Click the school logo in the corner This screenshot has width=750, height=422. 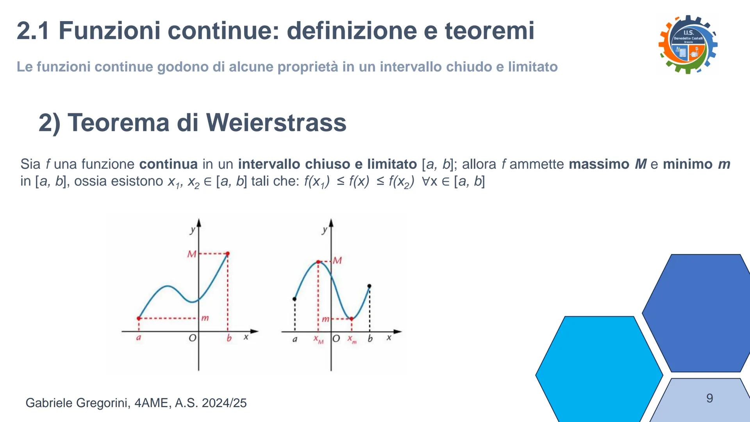[688, 44]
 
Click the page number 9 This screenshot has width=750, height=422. [710, 398]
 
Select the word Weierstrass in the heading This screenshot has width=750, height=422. [276, 122]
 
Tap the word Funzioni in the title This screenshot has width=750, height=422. [109, 30]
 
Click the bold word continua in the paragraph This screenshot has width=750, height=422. [168, 164]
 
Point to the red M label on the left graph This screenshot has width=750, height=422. [192, 254]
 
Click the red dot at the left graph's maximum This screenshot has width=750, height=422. [228, 254]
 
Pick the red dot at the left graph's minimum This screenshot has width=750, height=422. [139, 318]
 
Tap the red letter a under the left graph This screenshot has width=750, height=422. [138, 338]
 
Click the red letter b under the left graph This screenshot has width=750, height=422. [229, 338]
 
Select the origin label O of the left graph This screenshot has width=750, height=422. [193, 338]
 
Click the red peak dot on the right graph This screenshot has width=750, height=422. [318, 262]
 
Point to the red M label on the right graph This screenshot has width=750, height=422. [337, 260]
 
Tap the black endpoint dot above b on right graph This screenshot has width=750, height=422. [370, 286]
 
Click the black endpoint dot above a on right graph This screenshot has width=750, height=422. [295, 299]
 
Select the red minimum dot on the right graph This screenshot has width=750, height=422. [351, 319]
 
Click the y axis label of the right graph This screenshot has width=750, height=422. [324, 230]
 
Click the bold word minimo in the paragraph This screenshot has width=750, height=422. [688, 164]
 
